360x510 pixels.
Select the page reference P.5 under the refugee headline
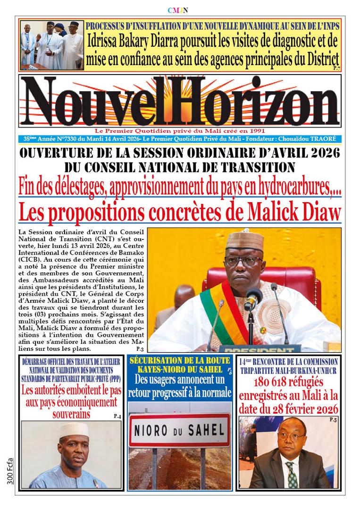click(x=333, y=419)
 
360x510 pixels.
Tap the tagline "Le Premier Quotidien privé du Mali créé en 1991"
click(x=180, y=130)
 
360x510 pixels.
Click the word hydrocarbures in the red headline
click(x=287, y=189)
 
